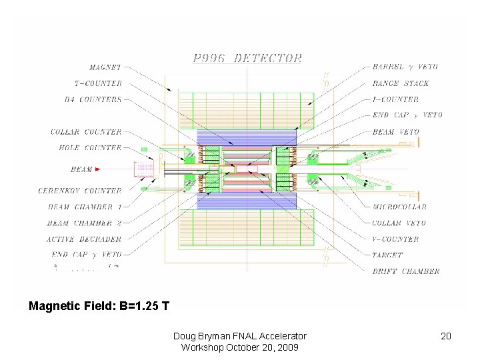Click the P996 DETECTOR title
247,58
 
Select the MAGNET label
105,67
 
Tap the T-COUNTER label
98,83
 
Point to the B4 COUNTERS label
92,99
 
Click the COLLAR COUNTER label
86,132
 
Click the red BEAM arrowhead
98,169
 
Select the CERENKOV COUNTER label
80,191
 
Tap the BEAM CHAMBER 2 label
85,223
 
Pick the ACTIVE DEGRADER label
84,239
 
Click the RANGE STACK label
400,83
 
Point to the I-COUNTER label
395,99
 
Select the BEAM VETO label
395,132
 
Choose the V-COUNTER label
395,239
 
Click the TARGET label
387,255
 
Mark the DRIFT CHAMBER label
405,271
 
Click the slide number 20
446,336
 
